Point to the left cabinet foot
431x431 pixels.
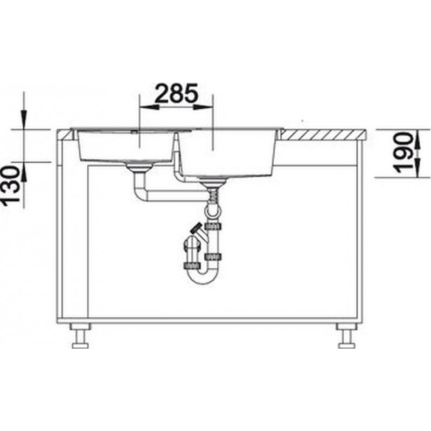click(x=80, y=336)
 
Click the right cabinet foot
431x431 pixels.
click(x=346, y=336)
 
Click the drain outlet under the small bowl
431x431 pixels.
click(x=139, y=167)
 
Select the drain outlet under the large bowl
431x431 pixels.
click(x=212, y=182)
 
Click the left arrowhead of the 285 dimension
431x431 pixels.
click(x=149, y=107)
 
